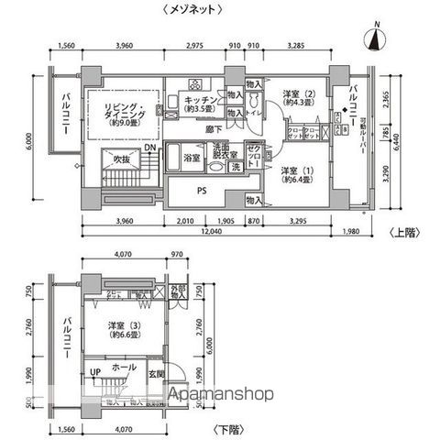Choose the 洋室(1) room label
[x=294, y=173]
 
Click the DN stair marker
[x=149, y=148]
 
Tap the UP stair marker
[x=94, y=370]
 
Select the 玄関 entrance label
[x=156, y=375]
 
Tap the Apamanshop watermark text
[x=220, y=396]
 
